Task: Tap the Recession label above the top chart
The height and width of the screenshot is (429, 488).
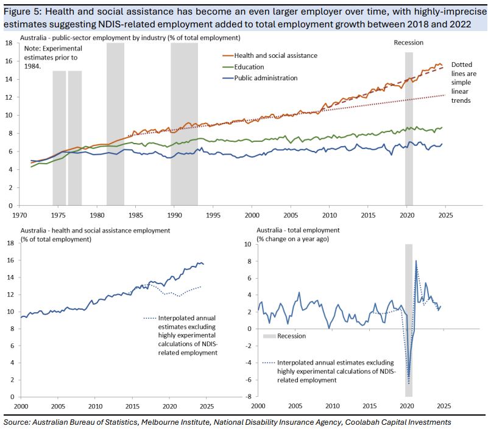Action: point(408,43)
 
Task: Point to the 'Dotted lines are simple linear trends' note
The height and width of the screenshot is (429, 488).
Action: point(462,82)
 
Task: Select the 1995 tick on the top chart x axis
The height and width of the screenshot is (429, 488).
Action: point(213,216)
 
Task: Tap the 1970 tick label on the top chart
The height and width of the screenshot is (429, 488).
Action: point(19,216)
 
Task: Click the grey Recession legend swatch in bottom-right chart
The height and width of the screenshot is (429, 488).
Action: point(271,336)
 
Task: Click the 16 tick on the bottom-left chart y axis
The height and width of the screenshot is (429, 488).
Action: point(9,260)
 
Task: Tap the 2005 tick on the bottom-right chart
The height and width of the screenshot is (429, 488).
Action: point(295,406)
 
